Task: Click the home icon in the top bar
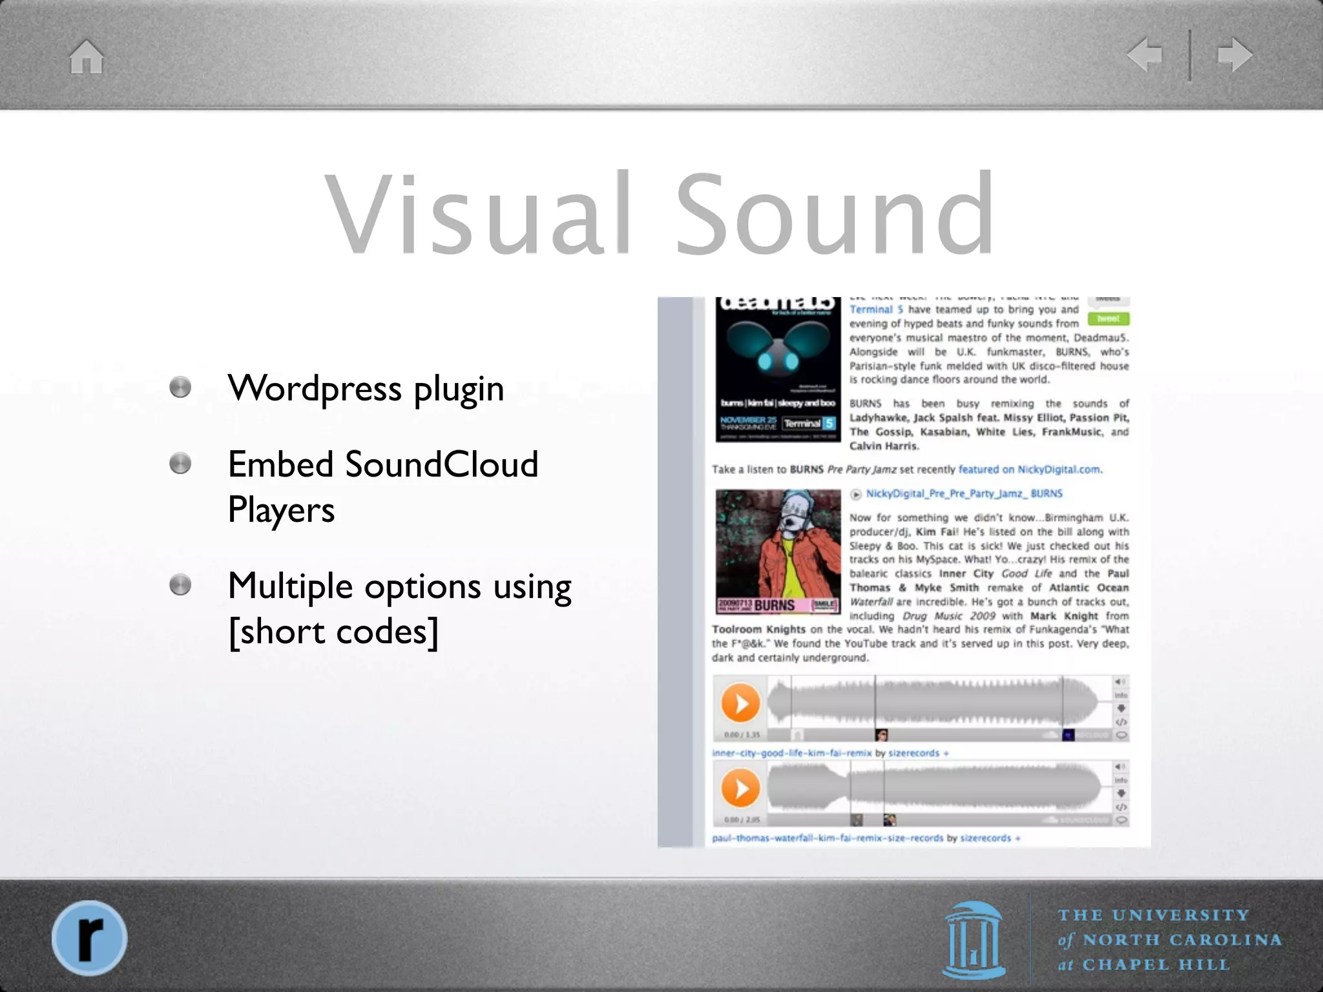point(87,57)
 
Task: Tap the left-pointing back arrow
point(1145,54)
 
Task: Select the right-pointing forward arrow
point(1234,54)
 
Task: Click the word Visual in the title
point(479,213)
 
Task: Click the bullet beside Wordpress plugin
point(180,387)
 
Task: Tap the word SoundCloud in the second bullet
point(441,464)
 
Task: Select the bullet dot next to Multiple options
point(180,585)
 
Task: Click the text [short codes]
point(333,631)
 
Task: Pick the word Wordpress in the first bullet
point(315,388)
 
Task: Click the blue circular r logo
point(89,937)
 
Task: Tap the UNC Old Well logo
point(974,940)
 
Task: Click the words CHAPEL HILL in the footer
point(1155,965)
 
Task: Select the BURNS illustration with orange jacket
point(778,552)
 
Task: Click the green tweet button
point(1108,318)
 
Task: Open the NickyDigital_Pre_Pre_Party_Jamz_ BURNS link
point(964,493)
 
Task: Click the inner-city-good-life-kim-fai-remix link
point(792,753)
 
